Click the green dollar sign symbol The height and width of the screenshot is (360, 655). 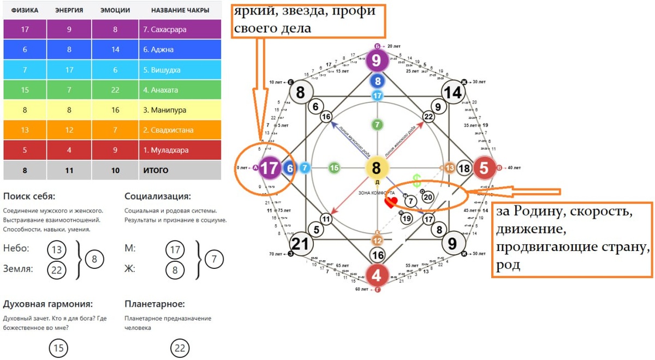click(417, 181)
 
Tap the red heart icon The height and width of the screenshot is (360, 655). click(391, 203)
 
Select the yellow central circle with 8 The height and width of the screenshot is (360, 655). click(376, 168)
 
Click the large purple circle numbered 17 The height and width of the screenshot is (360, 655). click(269, 168)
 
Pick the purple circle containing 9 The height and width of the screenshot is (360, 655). click(376, 60)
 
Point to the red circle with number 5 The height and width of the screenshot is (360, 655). click(484, 168)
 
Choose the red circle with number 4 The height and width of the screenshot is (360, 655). click(376, 275)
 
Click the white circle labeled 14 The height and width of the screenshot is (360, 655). click(452, 93)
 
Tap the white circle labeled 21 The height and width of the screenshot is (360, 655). click(300, 243)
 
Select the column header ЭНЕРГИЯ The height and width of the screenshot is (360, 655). click(69, 10)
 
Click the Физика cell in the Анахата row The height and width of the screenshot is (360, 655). click(25, 90)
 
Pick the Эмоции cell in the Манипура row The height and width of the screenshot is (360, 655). click(115, 110)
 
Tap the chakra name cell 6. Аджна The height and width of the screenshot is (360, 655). click(180, 50)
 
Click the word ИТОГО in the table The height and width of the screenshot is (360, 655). click(156, 170)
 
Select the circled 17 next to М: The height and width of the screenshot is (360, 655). click(175, 250)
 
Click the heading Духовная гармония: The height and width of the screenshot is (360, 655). click(47, 304)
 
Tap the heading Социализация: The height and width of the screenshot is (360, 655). click(157, 196)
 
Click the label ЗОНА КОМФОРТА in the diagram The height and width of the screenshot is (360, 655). click(376, 193)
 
